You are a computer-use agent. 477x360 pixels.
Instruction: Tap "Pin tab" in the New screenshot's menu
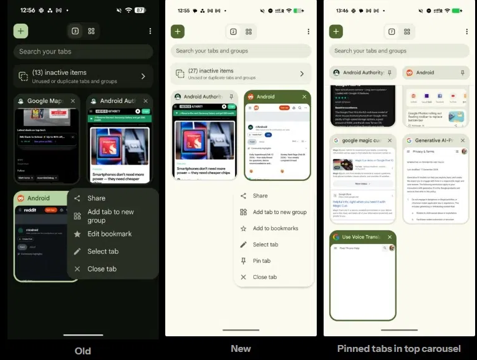click(x=261, y=261)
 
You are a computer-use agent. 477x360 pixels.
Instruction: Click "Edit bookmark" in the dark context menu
click(x=109, y=234)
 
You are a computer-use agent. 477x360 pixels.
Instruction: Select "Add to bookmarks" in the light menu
click(x=275, y=228)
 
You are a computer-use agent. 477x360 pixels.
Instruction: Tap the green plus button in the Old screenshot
click(x=21, y=31)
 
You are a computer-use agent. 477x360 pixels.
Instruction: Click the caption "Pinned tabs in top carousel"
click(x=399, y=349)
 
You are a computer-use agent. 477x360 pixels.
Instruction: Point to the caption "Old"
click(x=82, y=351)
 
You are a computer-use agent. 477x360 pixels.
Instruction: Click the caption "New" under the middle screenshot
click(x=241, y=349)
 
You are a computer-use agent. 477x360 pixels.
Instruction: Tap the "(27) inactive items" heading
click(x=211, y=71)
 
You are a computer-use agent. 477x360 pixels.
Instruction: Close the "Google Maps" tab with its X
click(x=73, y=101)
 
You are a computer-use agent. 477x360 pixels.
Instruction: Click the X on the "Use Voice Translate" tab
click(x=389, y=237)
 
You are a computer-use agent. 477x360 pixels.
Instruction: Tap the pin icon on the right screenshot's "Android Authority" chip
click(x=390, y=72)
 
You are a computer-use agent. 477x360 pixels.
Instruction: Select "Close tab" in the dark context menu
click(x=102, y=269)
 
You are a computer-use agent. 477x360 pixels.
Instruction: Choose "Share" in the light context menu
click(x=260, y=196)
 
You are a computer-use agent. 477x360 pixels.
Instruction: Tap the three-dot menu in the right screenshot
click(x=466, y=31)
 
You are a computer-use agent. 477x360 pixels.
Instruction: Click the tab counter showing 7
click(x=392, y=31)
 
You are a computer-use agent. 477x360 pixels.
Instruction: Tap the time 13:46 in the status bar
click(x=342, y=11)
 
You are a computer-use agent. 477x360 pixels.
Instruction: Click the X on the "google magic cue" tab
click(x=389, y=140)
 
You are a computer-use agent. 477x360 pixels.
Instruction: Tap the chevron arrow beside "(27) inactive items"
click(x=302, y=74)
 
